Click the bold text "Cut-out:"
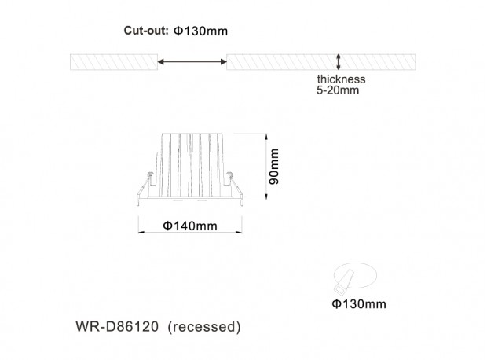pos(146,31)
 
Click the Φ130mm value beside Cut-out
pos(200,31)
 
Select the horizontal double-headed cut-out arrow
pos(192,62)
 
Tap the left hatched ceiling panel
pos(114,62)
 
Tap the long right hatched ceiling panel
pos(320,62)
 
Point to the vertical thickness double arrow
pos(339,62)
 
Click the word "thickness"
pos(341,79)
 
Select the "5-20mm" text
pos(338,90)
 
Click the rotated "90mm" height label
pos(274,167)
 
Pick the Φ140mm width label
pos(190,226)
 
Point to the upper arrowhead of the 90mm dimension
pos(266,137)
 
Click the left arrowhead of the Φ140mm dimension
pos(141,232)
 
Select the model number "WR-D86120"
pos(117,327)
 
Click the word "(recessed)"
pos(204,327)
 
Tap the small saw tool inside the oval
pos(343,281)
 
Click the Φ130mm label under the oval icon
pos(359,303)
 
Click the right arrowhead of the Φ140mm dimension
pos(239,232)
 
